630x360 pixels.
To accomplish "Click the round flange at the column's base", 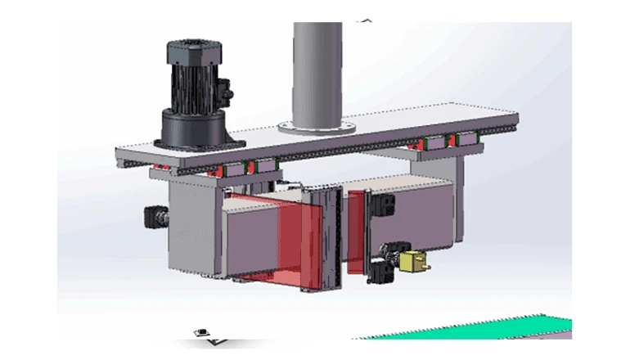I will (x=316, y=128).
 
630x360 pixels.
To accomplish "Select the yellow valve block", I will (x=411, y=262).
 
